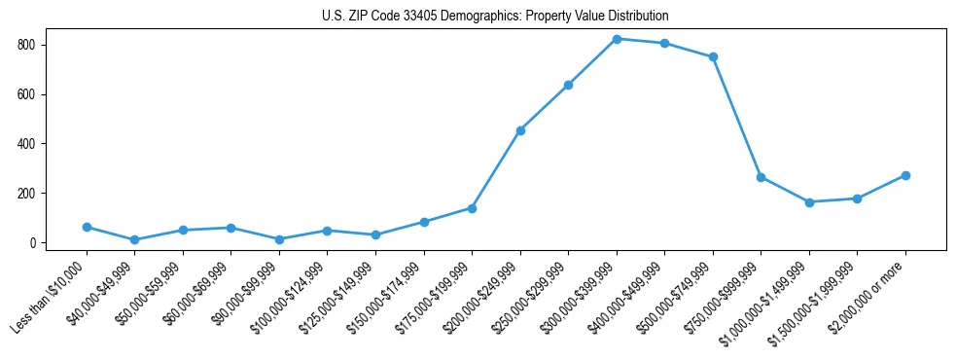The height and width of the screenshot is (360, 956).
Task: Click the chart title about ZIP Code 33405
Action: tap(495, 17)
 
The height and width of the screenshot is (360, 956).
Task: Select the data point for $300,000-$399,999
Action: tap(617, 39)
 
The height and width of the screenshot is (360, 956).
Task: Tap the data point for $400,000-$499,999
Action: tap(664, 43)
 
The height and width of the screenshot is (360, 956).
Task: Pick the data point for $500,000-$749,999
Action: tap(713, 56)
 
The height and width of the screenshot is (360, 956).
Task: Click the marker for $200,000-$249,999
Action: tap(520, 130)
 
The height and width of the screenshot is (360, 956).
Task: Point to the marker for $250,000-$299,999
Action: tap(568, 85)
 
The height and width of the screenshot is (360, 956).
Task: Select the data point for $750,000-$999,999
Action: tap(761, 177)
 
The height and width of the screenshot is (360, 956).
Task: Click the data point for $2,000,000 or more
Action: tap(905, 175)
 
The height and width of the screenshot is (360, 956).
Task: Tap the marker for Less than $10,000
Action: tap(87, 227)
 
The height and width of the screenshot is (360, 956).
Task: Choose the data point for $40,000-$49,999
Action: tap(134, 239)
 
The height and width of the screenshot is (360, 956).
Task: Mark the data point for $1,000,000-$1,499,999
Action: tap(809, 202)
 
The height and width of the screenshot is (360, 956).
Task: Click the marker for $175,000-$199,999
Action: tap(472, 208)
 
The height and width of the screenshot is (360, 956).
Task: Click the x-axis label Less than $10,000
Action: tap(50, 298)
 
